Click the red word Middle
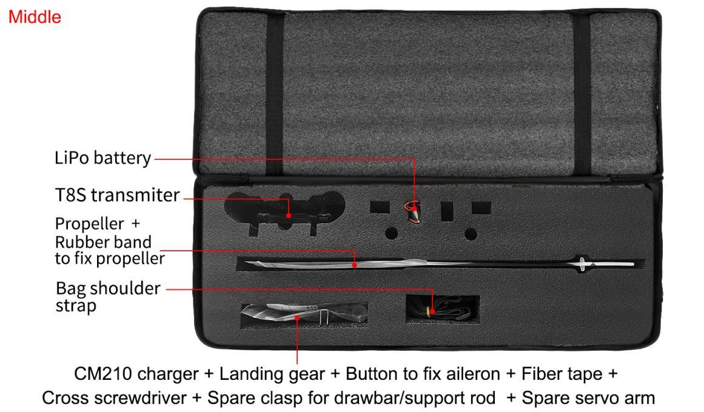[35, 17]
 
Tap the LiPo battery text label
[103, 158]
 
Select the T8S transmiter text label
[117, 195]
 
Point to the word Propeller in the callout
[89, 224]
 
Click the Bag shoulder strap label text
[108, 297]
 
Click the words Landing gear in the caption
[272, 374]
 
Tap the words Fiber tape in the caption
[562, 374]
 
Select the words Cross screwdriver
[114, 397]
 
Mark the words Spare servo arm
[588, 397]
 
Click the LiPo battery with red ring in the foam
[414, 211]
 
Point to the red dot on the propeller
[355, 265]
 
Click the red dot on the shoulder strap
[432, 311]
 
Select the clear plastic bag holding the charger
[304, 314]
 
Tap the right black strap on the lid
[582, 95]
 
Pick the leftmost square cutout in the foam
[380, 207]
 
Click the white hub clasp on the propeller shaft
[582, 264]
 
